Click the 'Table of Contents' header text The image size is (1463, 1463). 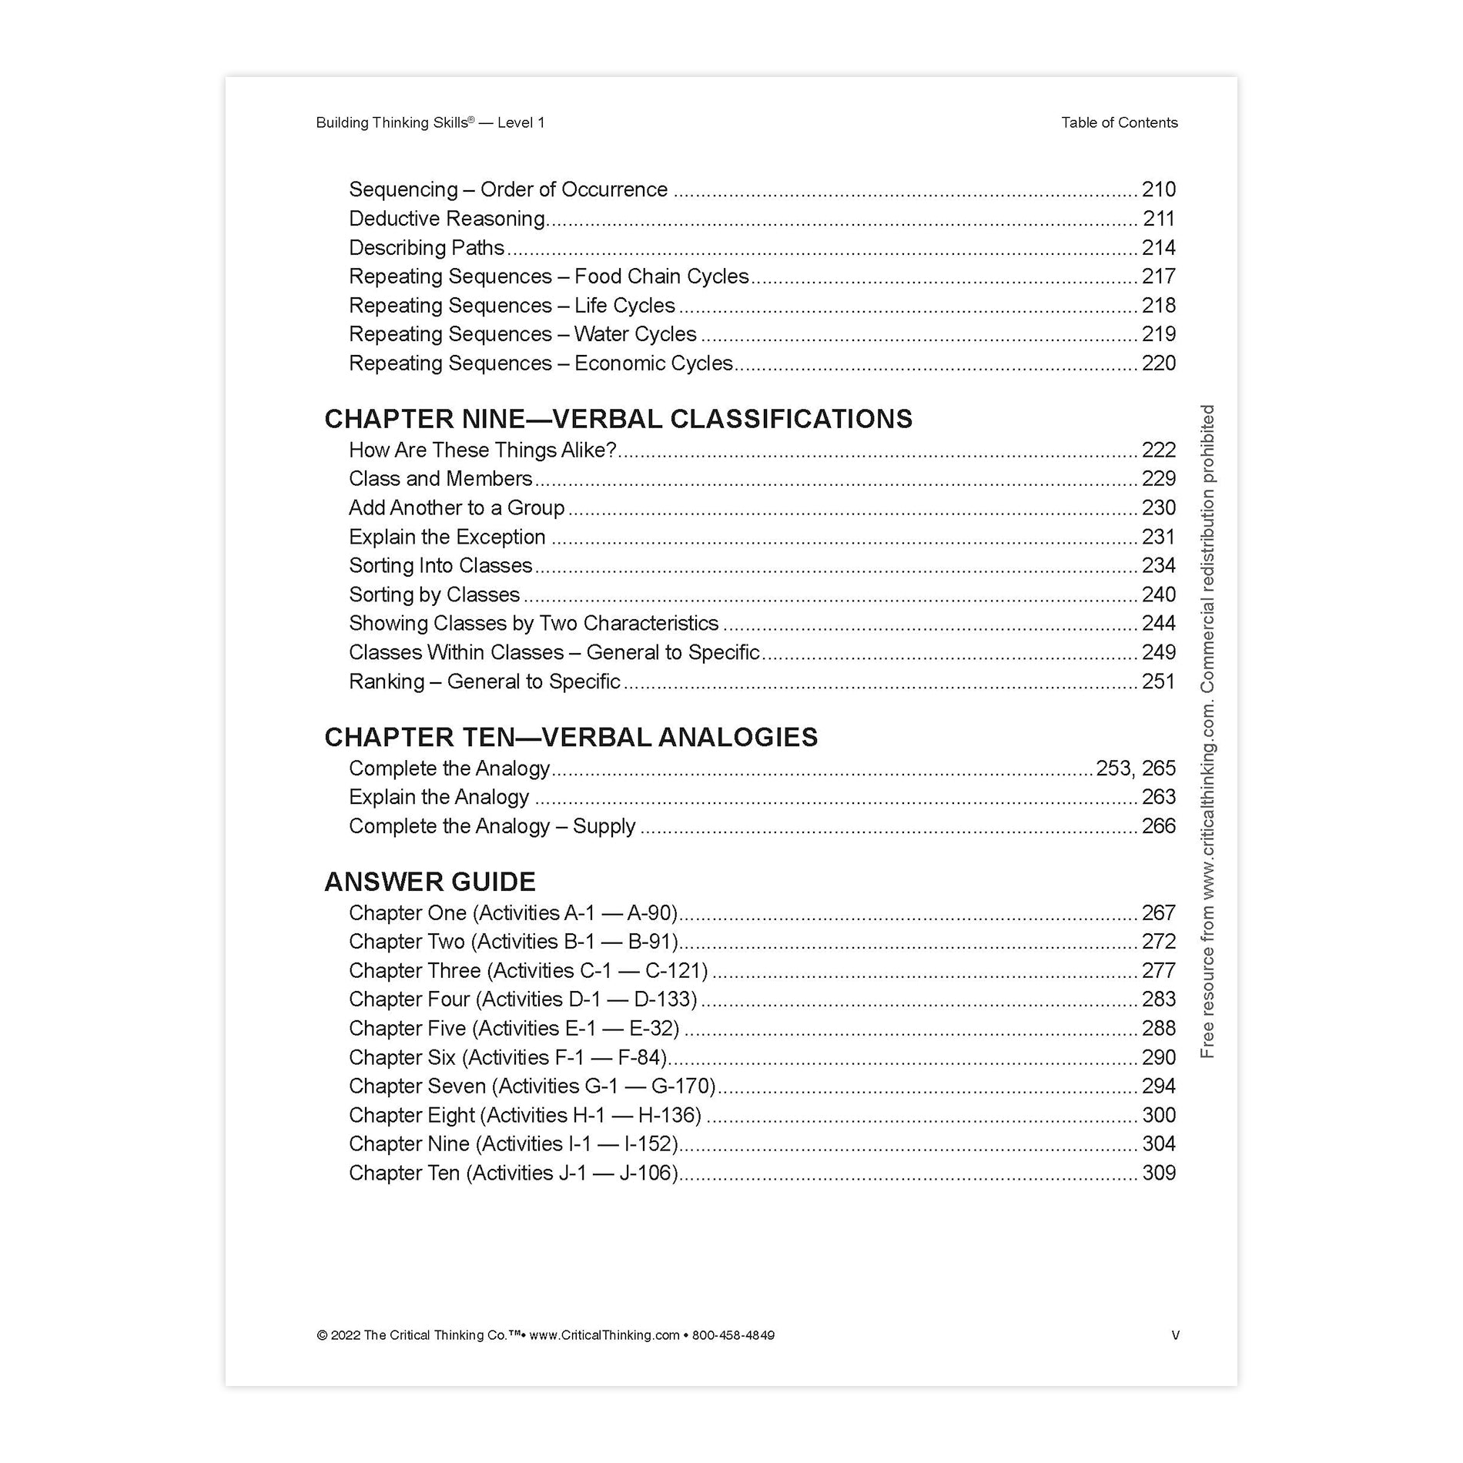(1119, 122)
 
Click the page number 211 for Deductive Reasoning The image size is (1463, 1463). (1158, 219)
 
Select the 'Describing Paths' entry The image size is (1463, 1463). (427, 248)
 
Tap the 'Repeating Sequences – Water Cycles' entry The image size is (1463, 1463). (522, 334)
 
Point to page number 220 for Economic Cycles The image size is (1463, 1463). (1158, 363)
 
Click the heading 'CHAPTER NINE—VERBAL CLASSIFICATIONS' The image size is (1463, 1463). (618, 419)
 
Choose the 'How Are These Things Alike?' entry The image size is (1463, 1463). (483, 450)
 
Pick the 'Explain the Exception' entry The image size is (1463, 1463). (447, 537)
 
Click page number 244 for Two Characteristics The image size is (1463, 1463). (1158, 623)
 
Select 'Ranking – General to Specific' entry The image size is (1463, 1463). (484, 681)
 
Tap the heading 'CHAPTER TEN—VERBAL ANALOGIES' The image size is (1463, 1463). (571, 737)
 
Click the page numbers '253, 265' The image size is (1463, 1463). (1136, 768)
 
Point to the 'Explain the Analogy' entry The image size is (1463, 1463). (439, 797)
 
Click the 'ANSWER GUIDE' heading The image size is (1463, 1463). (430, 882)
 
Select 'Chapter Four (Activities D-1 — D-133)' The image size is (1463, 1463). (523, 999)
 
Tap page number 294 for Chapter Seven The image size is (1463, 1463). (1158, 1086)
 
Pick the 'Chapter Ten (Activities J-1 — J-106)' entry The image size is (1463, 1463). (514, 1173)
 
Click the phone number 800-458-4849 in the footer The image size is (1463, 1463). (733, 1335)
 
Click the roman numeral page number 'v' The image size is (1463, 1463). (1175, 1335)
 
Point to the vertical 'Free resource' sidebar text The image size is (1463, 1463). (1207, 731)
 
